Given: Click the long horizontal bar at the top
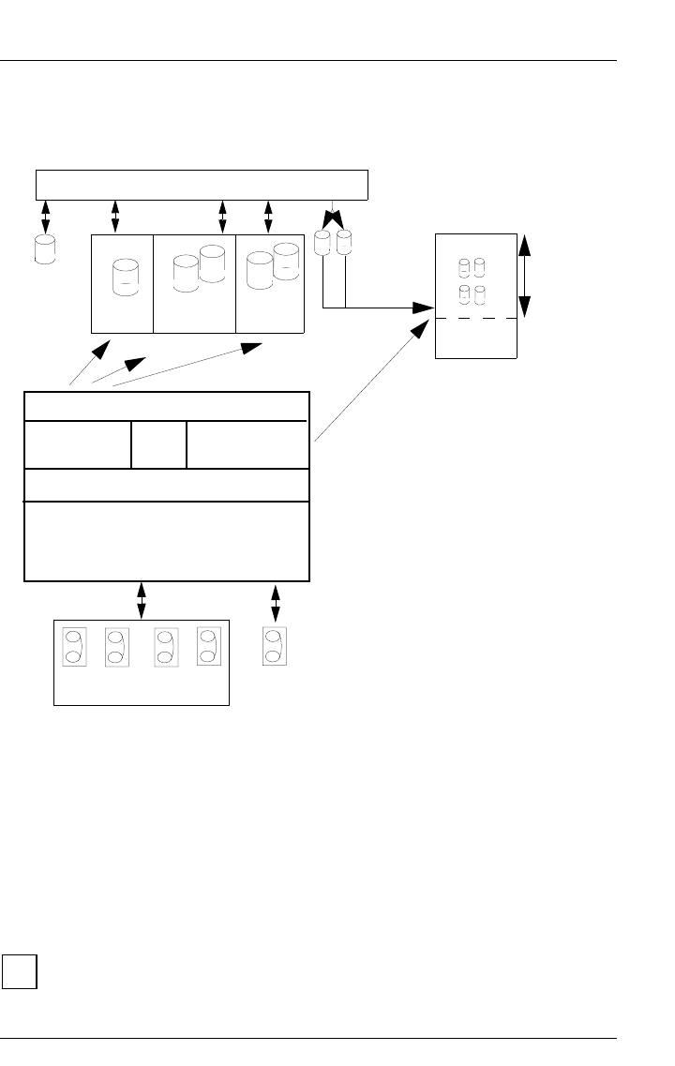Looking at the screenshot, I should (202, 185).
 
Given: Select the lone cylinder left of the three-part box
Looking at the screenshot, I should (44, 250).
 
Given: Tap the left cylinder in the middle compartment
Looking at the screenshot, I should (186, 273).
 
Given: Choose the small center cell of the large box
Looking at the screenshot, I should (158, 444).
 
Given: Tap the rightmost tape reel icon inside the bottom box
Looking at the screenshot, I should (209, 646).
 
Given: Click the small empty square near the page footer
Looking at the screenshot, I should (19, 971).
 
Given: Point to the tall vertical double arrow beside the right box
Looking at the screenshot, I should (524, 277).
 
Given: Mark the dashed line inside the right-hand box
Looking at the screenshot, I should (476, 319).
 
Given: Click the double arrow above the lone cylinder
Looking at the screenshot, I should (45, 217).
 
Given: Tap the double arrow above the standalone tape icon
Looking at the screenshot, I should (275, 601).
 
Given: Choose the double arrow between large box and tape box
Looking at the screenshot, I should (142, 601).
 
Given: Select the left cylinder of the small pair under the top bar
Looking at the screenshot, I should (323, 243).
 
